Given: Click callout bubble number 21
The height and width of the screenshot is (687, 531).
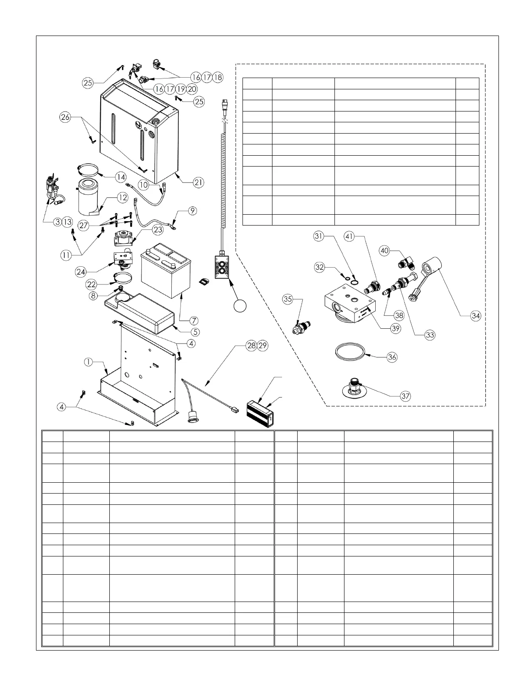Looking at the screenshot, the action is pos(199,183).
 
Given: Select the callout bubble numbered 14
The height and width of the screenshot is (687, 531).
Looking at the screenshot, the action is pos(121,177).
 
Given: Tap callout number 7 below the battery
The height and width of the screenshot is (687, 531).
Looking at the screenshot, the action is pos(194,321).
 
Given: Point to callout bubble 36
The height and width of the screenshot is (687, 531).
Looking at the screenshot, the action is pos(392,357).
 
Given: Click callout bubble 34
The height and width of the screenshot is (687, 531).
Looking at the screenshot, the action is pos(476,316).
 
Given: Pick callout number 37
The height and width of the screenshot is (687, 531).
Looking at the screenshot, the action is pos(406,396).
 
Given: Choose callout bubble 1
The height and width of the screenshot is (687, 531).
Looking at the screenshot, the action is pos(88,362).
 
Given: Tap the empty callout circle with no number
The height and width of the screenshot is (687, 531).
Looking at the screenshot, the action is pos(240,306).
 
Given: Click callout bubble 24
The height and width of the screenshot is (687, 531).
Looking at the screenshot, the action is pos(81,272).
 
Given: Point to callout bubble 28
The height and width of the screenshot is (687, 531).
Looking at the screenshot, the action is pos(251,346).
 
